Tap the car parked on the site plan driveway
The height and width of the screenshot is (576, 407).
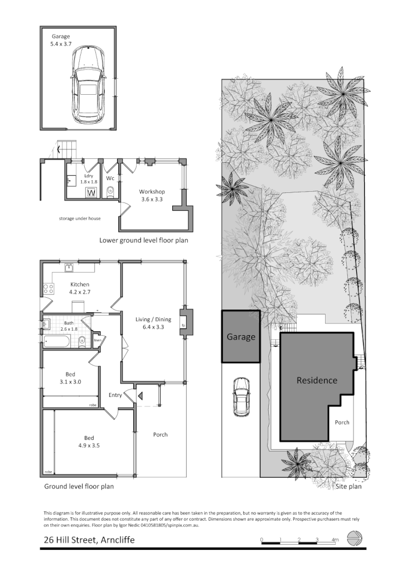241,397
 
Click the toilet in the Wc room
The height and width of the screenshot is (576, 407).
110,193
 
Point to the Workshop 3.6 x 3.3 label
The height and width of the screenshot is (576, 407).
152,195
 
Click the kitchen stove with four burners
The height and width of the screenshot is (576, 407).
48,289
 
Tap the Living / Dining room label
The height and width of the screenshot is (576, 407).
149,323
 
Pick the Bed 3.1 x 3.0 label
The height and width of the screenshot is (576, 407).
70,378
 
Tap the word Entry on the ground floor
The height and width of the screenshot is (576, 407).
115,395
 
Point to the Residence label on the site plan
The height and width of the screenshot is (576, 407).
317,380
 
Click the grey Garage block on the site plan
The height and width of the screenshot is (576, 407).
241,337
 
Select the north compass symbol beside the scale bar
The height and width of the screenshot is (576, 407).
355,539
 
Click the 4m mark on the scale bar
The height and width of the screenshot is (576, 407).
335,540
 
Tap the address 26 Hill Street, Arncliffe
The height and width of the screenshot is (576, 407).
89,540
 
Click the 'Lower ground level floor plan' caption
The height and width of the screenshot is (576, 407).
143,241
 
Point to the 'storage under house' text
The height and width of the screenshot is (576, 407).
80,219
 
